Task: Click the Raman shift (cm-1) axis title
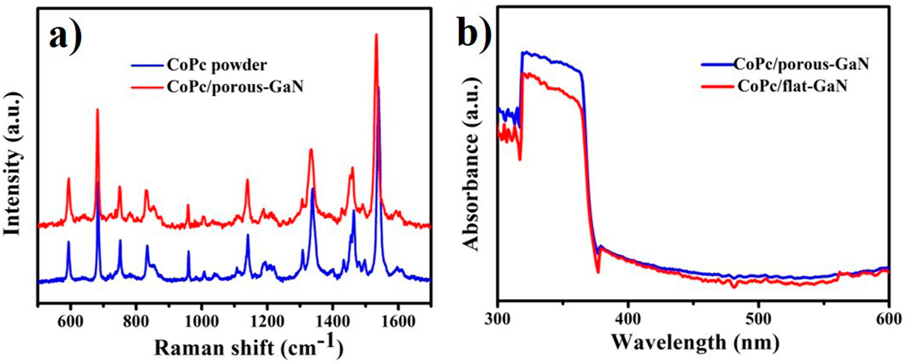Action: click(x=248, y=349)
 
